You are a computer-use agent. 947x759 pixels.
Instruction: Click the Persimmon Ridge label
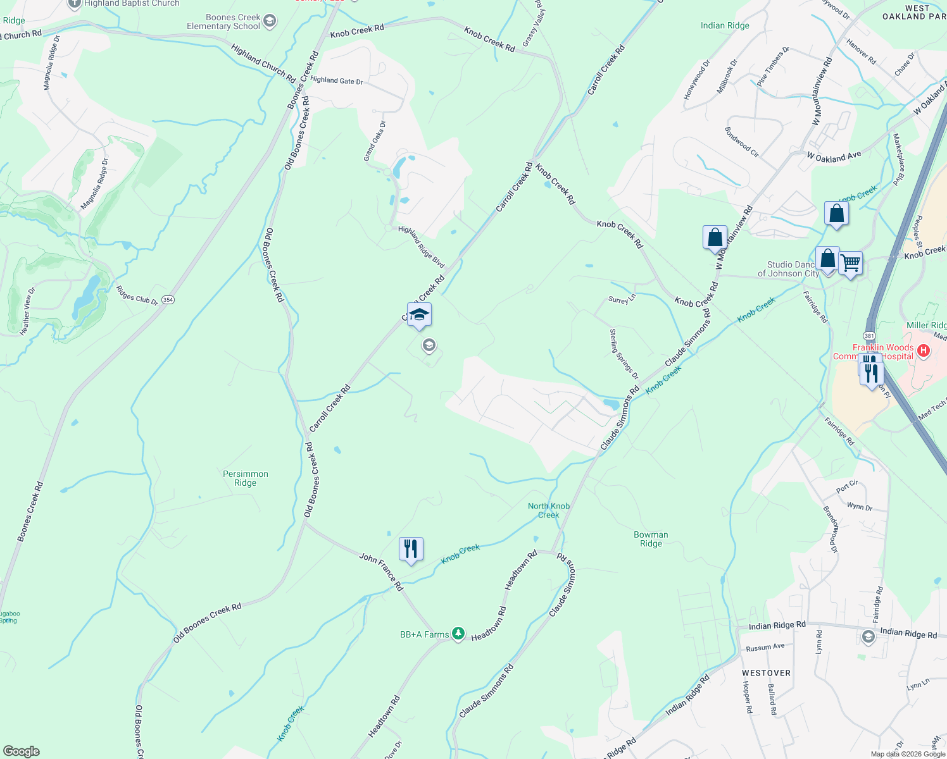click(246, 478)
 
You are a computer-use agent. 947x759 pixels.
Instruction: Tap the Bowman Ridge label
click(651, 539)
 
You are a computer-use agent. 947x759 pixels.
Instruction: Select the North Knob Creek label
click(549, 510)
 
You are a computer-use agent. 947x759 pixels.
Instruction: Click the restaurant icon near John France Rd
click(411, 549)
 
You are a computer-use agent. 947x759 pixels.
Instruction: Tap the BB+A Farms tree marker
click(458, 633)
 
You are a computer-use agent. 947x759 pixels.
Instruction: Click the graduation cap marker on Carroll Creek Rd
click(419, 314)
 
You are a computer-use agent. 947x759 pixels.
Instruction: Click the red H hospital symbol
click(923, 350)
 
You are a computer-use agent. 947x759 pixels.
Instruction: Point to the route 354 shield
click(168, 300)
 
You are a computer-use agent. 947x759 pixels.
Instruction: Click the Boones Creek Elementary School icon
click(270, 22)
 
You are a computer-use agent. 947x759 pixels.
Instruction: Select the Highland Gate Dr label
click(337, 80)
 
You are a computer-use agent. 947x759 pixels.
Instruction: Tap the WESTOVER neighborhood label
click(766, 673)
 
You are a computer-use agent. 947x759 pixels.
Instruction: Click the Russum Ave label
click(765, 647)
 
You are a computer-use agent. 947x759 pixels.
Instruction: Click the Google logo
click(21, 751)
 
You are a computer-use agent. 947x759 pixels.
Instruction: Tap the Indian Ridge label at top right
click(725, 26)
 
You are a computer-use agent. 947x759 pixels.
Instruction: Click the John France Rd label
click(381, 571)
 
